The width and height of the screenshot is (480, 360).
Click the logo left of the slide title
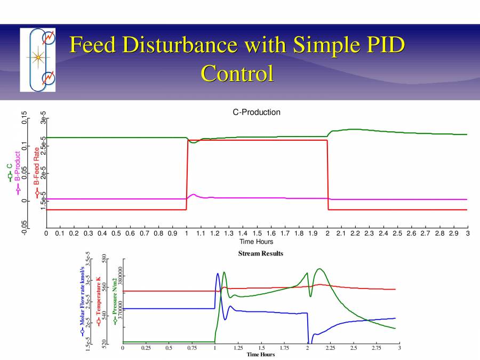[x=37, y=60]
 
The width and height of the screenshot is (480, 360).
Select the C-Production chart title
[x=257, y=112]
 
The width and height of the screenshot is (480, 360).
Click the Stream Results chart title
[x=260, y=254]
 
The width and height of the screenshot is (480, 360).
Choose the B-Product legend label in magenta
[x=18, y=170]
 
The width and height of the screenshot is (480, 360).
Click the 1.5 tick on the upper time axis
[x=257, y=234]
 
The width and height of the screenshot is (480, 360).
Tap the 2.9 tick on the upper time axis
[x=454, y=234]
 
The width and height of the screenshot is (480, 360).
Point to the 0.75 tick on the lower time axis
[x=192, y=348]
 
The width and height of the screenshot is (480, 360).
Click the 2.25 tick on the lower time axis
[x=330, y=348]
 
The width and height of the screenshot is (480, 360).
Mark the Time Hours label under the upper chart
[x=257, y=242]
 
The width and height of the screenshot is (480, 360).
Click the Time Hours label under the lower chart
[x=261, y=355]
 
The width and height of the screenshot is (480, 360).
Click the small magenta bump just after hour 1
[x=193, y=195]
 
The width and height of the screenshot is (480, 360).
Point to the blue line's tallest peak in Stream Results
[x=218, y=274]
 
